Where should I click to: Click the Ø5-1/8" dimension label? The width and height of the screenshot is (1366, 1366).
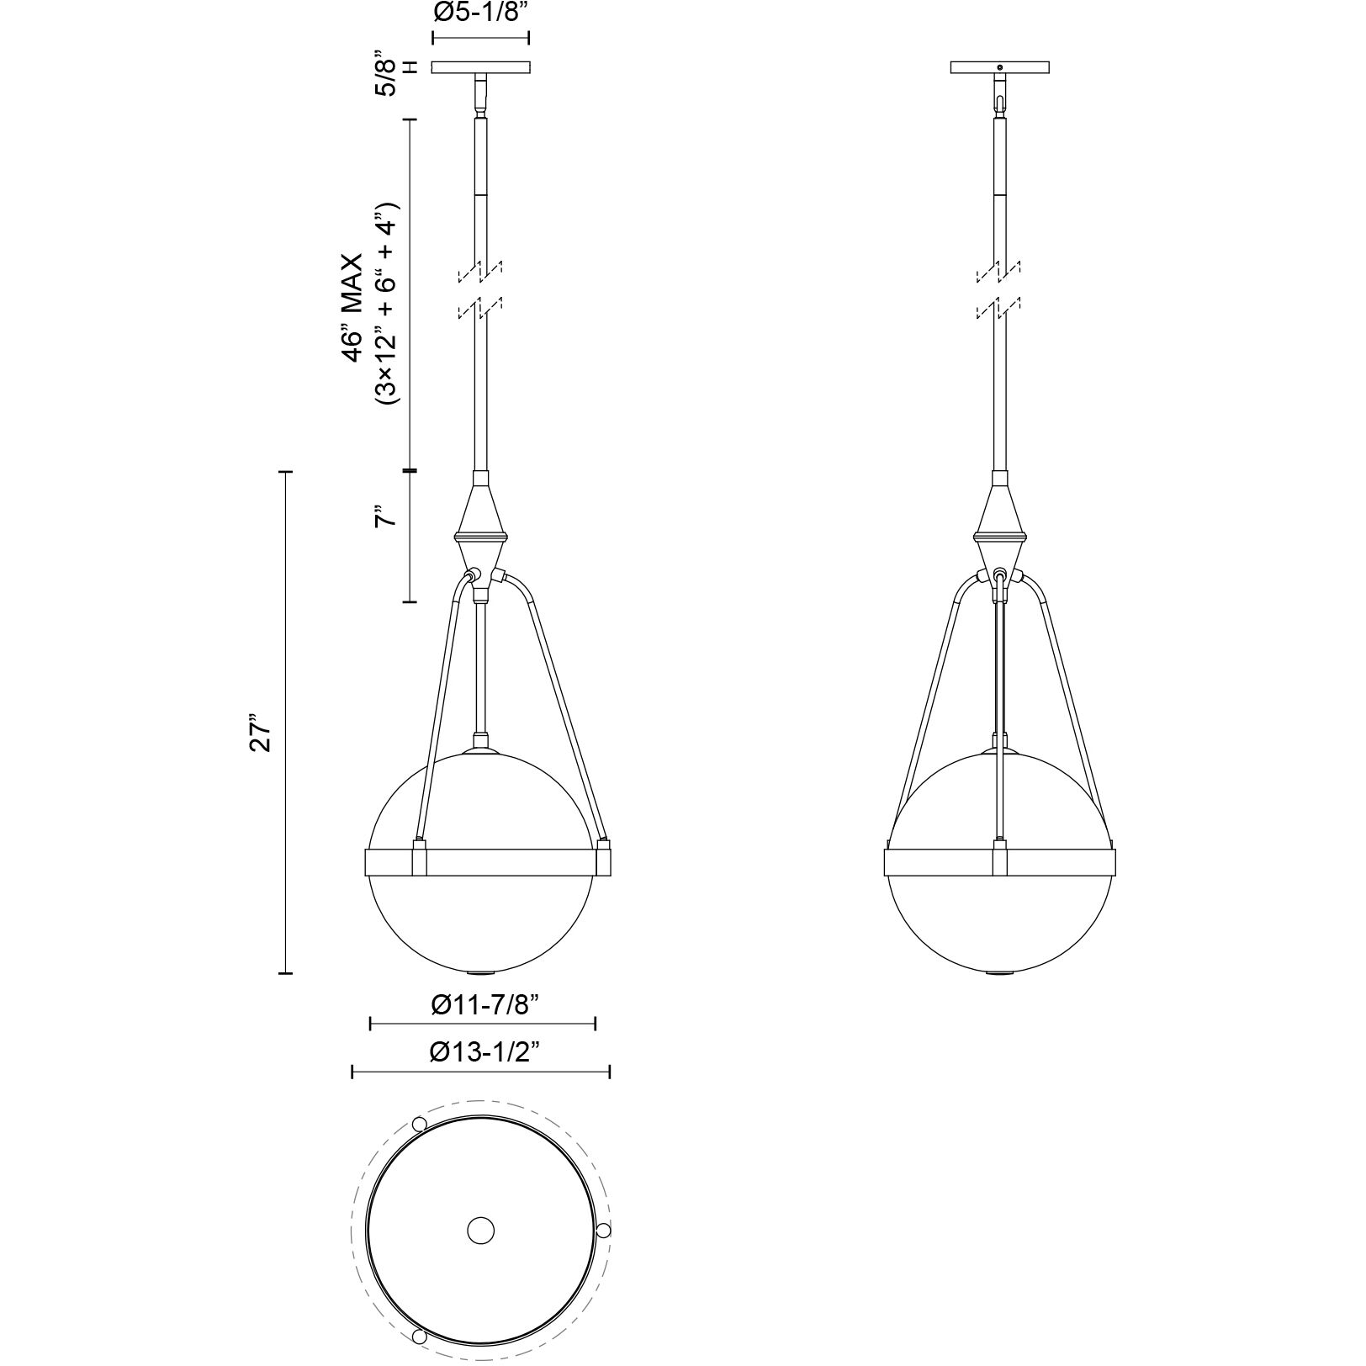[480, 15]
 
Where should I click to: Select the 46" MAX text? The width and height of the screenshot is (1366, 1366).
[352, 309]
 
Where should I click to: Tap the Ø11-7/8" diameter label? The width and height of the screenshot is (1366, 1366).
[484, 1004]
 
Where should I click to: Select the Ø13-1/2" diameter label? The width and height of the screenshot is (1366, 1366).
[483, 1052]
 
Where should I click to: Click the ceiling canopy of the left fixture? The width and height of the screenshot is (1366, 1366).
[480, 67]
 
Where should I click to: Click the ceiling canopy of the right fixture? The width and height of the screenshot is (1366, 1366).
[999, 67]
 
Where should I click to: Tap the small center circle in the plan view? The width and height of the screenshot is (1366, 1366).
[480, 1231]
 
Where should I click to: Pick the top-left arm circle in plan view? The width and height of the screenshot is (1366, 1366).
[419, 1125]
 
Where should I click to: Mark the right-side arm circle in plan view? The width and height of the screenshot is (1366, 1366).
[603, 1231]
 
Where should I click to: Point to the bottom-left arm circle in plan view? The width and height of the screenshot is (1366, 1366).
[419, 1337]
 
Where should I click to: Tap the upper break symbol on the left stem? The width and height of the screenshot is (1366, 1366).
[480, 272]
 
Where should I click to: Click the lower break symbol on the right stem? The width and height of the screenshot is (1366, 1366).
[999, 308]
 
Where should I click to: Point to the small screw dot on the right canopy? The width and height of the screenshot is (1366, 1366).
[999, 66]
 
